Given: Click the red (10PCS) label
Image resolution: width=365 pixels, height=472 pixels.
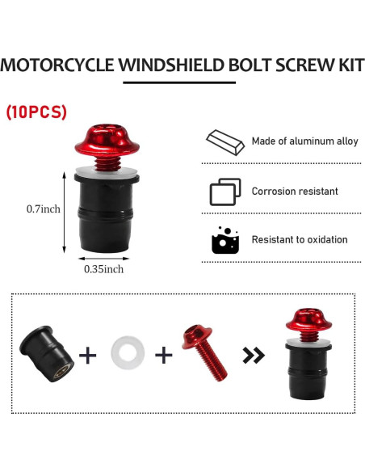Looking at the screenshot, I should [x=36, y=112].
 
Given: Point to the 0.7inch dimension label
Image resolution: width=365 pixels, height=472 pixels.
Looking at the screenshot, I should [x=44, y=209].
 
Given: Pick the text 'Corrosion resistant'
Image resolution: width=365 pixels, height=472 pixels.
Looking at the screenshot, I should [x=295, y=192].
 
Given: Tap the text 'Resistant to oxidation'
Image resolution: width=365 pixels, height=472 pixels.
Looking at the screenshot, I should [x=300, y=239].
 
